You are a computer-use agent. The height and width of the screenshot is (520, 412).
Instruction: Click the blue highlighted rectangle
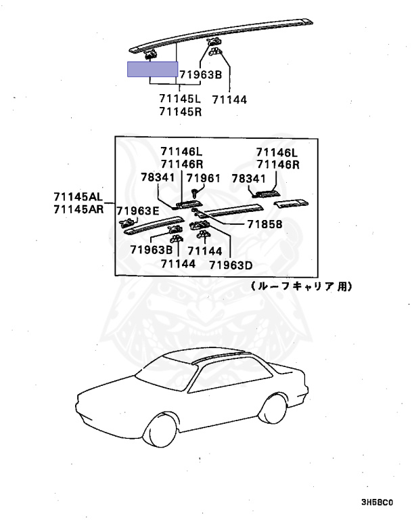(153, 70)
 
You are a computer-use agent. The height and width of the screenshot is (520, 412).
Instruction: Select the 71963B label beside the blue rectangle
(201, 74)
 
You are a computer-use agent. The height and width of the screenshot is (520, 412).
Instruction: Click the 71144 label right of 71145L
(229, 99)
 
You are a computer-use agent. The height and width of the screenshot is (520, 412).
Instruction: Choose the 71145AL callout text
(78, 197)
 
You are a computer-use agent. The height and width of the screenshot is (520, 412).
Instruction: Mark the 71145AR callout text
(78, 209)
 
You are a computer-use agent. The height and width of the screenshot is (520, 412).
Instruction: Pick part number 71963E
(137, 211)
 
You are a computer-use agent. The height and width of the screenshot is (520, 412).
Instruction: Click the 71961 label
(204, 178)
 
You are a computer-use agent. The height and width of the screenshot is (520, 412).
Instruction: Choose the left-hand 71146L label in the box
(181, 151)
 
